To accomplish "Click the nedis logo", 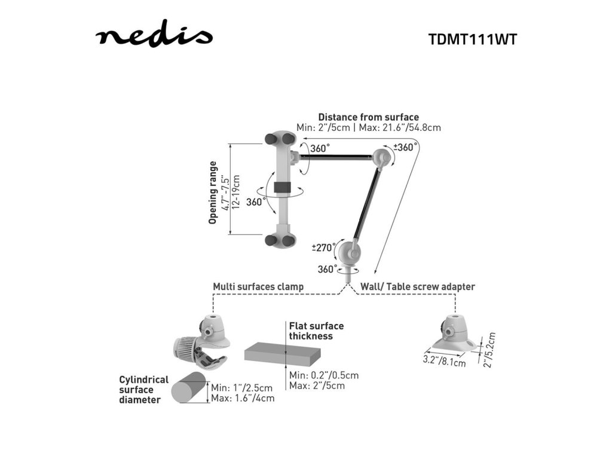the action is [154, 37].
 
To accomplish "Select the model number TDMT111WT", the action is [472, 39].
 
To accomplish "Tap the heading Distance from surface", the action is [368, 117].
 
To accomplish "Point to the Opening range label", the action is [213, 192].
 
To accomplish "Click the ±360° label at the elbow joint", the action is [406, 148].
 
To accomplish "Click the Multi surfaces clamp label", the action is [258, 287].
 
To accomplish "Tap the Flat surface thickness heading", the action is [316, 331].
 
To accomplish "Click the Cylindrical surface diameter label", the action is [143, 390].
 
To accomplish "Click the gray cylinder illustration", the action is [188, 389].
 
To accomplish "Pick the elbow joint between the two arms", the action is [381, 158].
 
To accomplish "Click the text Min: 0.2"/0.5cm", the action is [324, 375].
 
